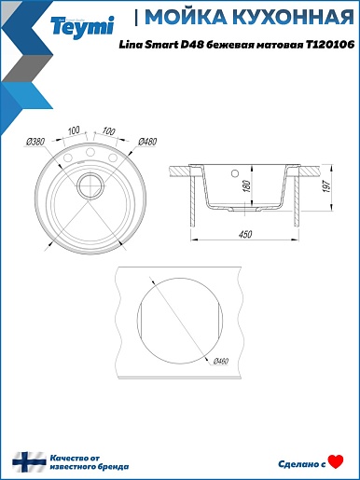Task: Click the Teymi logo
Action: pos(82,27)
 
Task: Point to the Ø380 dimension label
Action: pos(35,142)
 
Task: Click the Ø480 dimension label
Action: pos(147,142)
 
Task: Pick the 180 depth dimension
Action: pos(247,185)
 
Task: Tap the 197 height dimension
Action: pos(326,185)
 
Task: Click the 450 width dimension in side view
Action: pos(245,234)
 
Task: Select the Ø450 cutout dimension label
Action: pos(221,361)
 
